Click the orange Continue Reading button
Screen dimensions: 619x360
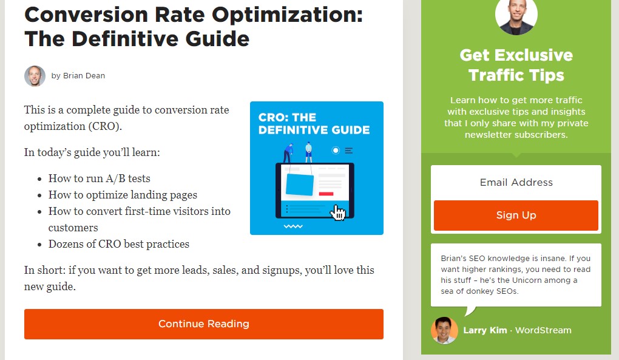tap(204, 324)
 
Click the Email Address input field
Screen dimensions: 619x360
tap(516, 182)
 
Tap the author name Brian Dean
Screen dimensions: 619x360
tap(84, 76)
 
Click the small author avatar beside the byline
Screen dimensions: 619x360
tap(35, 76)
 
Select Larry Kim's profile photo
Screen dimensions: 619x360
tap(444, 330)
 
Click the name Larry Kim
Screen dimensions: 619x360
tap(485, 330)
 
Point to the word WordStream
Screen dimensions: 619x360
tap(543, 330)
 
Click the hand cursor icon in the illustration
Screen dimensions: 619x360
tap(337, 212)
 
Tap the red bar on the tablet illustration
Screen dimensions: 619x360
tap(326, 194)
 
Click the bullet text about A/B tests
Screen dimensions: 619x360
tap(100, 178)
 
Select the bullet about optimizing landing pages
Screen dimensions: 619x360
tap(123, 195)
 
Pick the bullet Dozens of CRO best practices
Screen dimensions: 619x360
tap(119, 244)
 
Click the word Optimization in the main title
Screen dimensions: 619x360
tap(287, 15)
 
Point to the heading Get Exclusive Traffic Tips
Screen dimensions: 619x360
tap(516, 65)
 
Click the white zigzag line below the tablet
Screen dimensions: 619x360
tap(293, 226)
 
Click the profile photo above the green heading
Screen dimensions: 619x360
tap(516, 15)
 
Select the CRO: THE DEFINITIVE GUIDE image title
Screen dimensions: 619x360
tap(314, 124)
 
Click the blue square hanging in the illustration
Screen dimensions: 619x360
tap(300, 185)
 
